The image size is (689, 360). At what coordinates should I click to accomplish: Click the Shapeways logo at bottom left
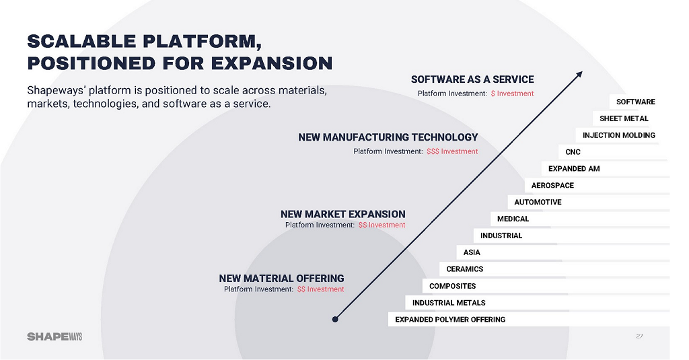coord(55,336)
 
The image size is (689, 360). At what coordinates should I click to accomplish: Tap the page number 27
coord(639,336)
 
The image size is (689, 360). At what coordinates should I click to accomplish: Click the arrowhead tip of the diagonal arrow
coord(581,73)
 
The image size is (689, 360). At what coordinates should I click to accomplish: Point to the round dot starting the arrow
coord(335,319)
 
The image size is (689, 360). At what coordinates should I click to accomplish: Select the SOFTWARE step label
coord(635,102)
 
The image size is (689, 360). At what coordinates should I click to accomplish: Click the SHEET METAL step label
coord(624,118)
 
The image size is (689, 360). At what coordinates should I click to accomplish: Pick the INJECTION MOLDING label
coord(618,135)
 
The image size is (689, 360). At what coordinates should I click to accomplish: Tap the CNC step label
coord(573,152)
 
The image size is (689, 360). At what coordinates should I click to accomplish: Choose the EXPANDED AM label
coord(573,168)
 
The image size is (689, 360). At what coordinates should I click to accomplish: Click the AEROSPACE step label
coord(552,185)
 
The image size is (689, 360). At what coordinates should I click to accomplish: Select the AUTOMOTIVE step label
coord(538,202)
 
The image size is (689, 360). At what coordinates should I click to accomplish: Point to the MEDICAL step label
coord(513,219)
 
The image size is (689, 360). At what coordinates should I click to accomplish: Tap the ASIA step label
coord(472,252)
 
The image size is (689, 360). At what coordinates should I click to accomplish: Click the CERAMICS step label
coord(464,269)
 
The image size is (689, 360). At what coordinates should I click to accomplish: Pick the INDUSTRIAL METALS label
coord(449,303)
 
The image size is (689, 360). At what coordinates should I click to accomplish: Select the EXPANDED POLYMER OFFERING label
coord(449,320)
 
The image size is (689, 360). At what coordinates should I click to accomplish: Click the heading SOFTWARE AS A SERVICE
coord(472,79)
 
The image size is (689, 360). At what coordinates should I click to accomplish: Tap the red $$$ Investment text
coord(452,151)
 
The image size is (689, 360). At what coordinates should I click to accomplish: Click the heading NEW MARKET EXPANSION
coord(342,214)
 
